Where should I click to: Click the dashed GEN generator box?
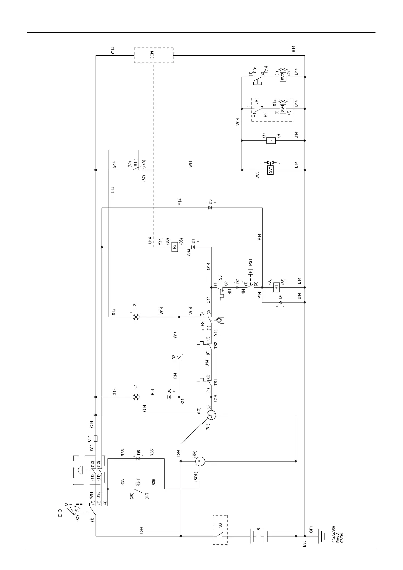pyautogui.click(x=153, y=55)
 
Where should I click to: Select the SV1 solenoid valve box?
pyautogui.click(x=270, y=170)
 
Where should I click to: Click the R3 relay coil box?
pyautogui.click(x=175, y=247)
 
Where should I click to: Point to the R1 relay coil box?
pyautogui.click(x=276, y=288)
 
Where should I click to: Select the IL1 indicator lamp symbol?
pyautogui.click(x=136, y=397)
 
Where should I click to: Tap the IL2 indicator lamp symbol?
pyautogui.click(x=136, y=317)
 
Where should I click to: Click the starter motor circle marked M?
pyautogui.click(x=200, y=461)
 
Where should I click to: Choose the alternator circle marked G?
pyautogui.click(x=210, y=414)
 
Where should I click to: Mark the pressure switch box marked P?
pyautogui.click(x=250, y=272)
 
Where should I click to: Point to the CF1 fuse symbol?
pyautogui.click(x=96, y=439)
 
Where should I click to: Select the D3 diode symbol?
pyautogui.click(x=210, y=207)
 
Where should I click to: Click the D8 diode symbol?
pyautogui.click(x=138, y=458)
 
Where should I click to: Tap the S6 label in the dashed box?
pyautogui.click(x=220, y=525)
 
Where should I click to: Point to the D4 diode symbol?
pyautogui.click(x=280, y=302)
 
